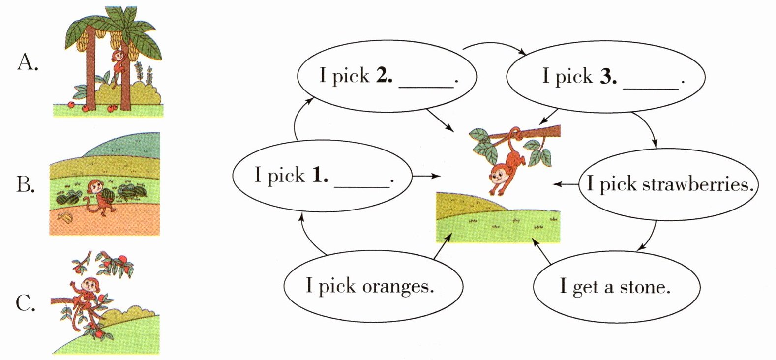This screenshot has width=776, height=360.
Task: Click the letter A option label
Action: [27, 63]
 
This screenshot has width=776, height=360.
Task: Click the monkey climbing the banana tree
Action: [119, 66]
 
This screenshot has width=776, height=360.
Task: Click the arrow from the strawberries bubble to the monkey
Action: [566, 184]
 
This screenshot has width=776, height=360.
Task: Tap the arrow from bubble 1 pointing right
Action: [426, 176]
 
